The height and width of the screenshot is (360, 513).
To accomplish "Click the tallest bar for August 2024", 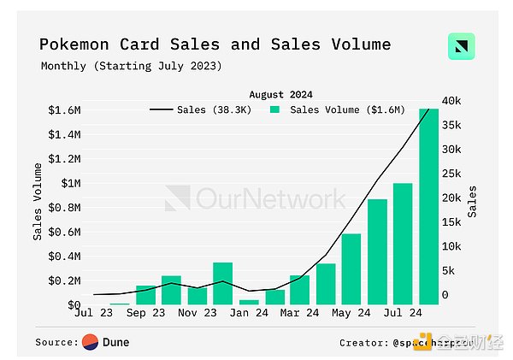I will pyautogui.click(x=428, y=206).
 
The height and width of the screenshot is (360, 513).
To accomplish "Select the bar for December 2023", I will pyautogui.click(x=222, y=283).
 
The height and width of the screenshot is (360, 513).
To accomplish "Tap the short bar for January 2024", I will pyautogui.click(x=249, y=302).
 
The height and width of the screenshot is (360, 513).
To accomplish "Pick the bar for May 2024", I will pyautogui.click(x=351, y=269).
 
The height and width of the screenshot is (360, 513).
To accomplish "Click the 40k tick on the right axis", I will pyautogui.click(x=451, y=101).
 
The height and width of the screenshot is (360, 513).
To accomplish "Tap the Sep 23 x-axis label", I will pyautogui.click(x=145, y=313).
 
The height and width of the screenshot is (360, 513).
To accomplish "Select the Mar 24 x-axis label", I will pyautogui.click(x=299, y=313).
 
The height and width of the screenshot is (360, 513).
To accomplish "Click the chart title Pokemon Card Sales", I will pyautogui.click(x=215, y=44).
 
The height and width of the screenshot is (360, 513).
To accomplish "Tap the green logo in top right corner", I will pyautogui.click(x=461, y=46).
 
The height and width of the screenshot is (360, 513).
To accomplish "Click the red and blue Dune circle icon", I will pyautogui.click(x=90, y=342).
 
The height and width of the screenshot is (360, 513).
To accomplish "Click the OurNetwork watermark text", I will pyautogui.click(x=272, y=199).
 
